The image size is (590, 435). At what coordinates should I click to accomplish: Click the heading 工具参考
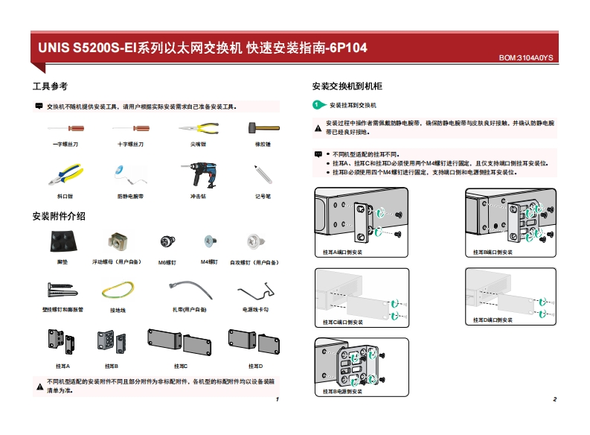[50, 86]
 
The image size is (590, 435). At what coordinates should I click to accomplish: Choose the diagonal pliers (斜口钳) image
[65, 175]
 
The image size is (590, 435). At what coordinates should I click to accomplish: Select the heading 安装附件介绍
[59, 216]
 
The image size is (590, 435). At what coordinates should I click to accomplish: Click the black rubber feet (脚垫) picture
[62, 241]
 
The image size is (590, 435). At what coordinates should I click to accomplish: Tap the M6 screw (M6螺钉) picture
[167, 241]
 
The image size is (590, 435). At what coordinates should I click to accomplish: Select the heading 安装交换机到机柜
[347, 86]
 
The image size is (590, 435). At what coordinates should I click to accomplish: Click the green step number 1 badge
[317, 106]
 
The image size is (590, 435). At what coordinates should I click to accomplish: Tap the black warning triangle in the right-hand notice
[318, 127]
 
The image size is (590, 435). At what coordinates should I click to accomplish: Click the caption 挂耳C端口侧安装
[343, 322]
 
